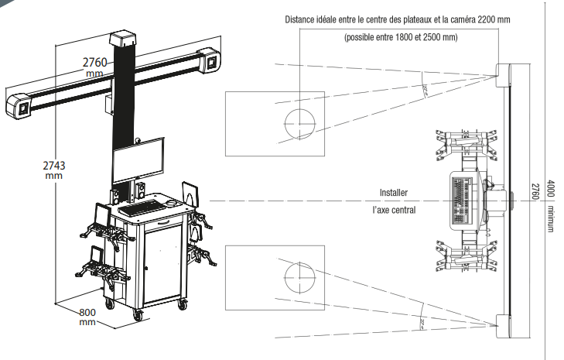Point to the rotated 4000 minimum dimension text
(x=552, y=206)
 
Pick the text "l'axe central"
(x=394, y=210)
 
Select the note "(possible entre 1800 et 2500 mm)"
(x=400, y=36)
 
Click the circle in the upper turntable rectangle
(x=300, y=123)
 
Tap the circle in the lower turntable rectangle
(x=300, y=276)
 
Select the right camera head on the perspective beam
(x=210, y=60)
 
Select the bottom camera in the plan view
(x=504, y=326)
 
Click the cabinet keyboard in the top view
(x=461, y=200)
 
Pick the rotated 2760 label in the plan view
(x=534, y=190)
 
